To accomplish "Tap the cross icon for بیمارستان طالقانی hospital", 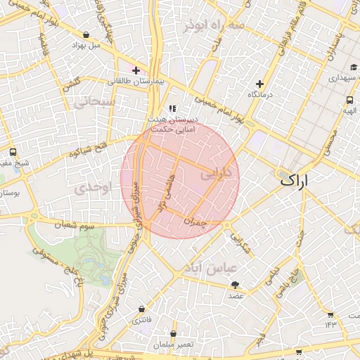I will tap(136, 70).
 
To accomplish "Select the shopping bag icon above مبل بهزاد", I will tap(86, 34).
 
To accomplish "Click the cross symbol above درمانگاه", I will tap(259, 84).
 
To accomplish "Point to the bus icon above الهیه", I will tap(349, 100).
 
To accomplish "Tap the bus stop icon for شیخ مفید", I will tap(13, 152).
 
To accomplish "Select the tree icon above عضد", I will tap(235, 285).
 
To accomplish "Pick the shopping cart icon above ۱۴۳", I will tap(330, 314).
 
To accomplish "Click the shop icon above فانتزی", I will tap(142, 309).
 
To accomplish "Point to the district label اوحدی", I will tap(94, 188).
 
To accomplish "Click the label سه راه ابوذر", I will tap(214, 26).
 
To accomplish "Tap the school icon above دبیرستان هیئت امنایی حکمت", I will tap(172, 109).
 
